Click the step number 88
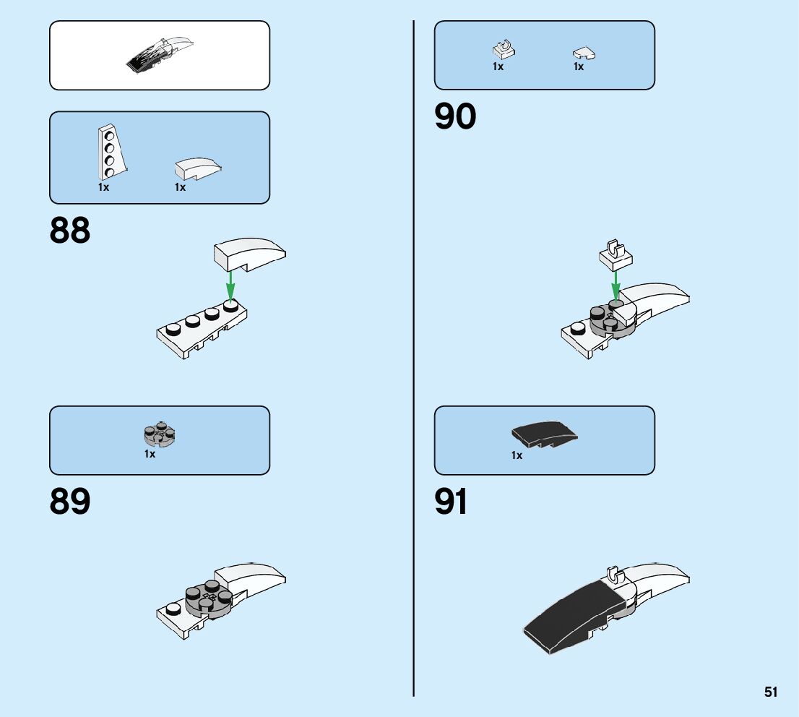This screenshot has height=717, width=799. click(x=70, y=231)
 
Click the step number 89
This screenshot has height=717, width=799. click(x=70, y=502)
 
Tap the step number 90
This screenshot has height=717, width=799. click(x=455, y=117)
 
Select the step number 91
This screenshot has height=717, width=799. click(x=452, y=502)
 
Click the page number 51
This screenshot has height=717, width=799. click(x=771, y=692)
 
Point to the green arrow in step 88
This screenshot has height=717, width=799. click(x=230, y=285)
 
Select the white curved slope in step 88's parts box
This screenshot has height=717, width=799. click(x=198, y=168)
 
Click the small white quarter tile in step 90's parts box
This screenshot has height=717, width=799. click(x=584, y=53)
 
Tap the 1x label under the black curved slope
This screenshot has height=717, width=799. click(x=517, y=455)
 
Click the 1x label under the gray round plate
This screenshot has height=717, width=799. click(x=150, y=454)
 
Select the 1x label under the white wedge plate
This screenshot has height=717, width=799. click(x=103, y=187)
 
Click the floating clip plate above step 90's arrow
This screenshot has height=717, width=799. click(x=616, y=254)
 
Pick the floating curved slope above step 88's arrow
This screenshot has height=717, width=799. click(x=249, y=254)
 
